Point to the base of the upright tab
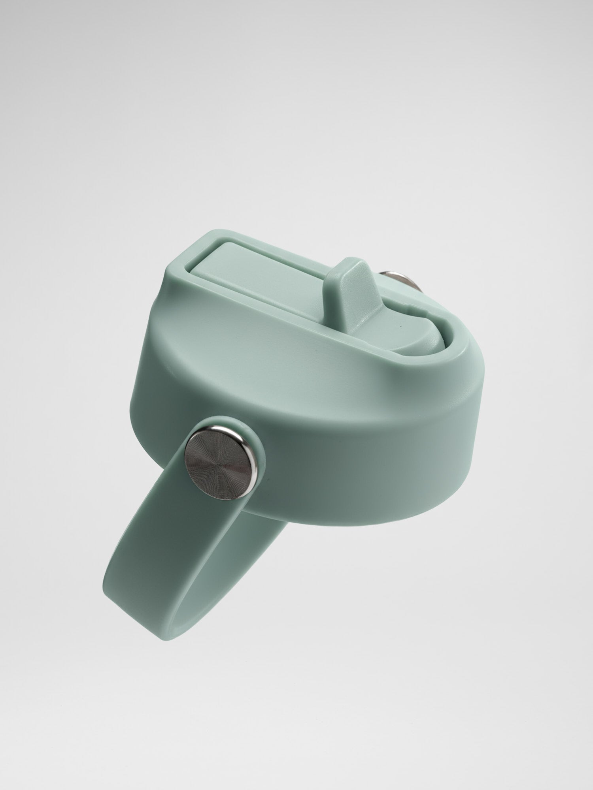[356, 320]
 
